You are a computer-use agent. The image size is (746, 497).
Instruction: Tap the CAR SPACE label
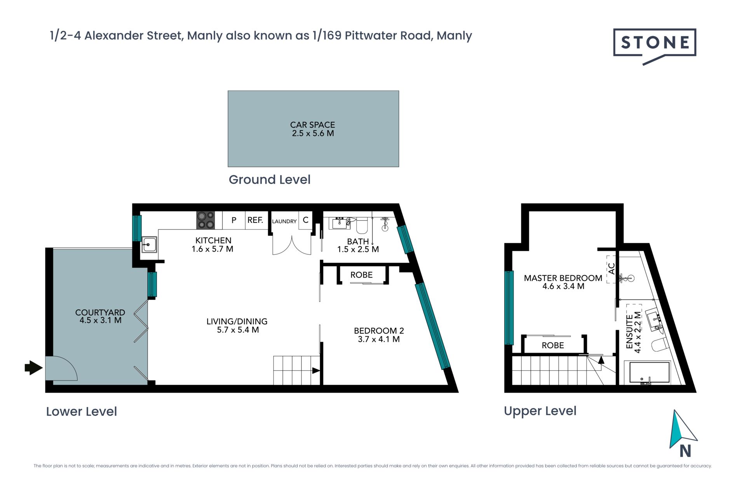[312, 125]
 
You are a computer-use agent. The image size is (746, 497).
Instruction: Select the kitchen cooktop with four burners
[206, 220]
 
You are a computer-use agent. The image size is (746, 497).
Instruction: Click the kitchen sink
[149, 245]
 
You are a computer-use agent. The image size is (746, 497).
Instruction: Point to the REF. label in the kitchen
[255, 220]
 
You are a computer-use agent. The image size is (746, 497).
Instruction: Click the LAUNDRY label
[284, 221]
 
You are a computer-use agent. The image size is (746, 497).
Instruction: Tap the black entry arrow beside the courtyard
[33, 367]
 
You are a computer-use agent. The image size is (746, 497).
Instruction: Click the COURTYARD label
[100, 313]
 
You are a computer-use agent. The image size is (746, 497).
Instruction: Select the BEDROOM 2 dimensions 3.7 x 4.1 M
[379, 339]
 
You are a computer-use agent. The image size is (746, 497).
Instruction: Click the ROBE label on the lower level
[361, 275]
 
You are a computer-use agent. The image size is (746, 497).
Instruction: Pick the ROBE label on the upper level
[553, 345]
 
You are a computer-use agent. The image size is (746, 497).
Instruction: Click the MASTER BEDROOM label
[563, 278]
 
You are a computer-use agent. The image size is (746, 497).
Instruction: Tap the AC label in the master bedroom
[612, 268]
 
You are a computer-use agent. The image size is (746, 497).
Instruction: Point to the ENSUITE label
[629, 332]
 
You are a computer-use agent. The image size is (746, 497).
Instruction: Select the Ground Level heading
[270, 179]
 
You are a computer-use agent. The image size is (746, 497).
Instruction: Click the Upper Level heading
[540, 411]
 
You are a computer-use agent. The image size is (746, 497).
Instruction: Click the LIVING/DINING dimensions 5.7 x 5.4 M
[238, 330]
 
